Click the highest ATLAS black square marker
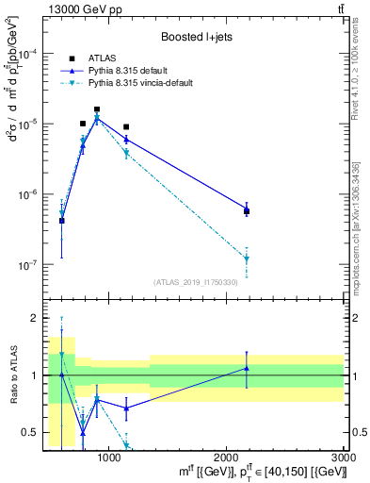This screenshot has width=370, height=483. pos(97,109)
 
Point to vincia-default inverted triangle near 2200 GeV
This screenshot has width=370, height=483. pos(247,258)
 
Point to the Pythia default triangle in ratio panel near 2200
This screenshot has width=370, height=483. pos(247,368)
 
